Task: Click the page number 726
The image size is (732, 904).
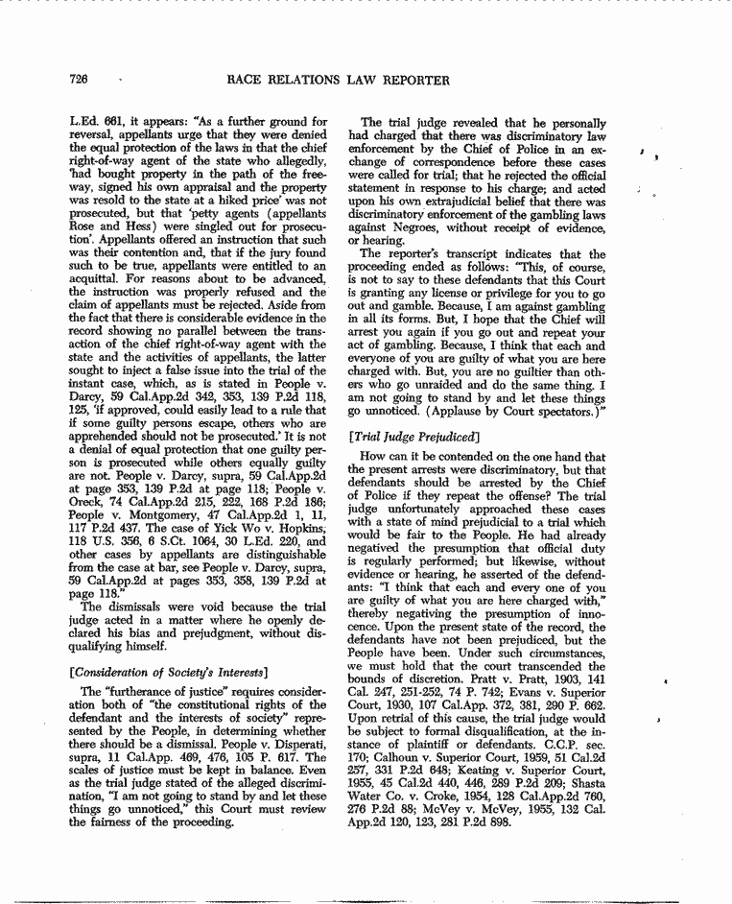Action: click(x=80, y=80)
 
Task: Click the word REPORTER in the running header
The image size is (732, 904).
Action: click(x=409, y=81)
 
